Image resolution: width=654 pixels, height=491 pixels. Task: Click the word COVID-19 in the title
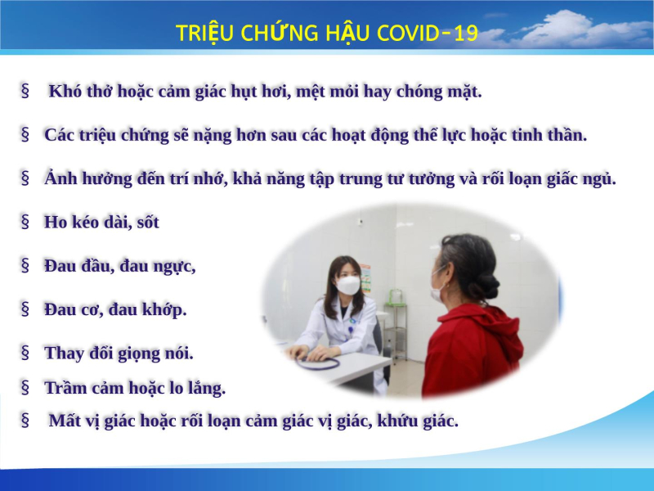[x=427, y=33]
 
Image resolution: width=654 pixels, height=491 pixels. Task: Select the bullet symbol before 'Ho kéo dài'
[x=25, y=222]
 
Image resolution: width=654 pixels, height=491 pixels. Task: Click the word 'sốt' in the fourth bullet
[x=148, y=222]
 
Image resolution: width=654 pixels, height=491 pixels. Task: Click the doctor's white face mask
[x=348, y=285]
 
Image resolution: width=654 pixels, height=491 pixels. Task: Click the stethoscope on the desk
[x=318, y=363]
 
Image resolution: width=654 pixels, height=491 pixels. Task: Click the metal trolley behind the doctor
[x=396, y=330]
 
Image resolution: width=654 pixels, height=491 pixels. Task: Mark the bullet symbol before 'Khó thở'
[x=25, y=91]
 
